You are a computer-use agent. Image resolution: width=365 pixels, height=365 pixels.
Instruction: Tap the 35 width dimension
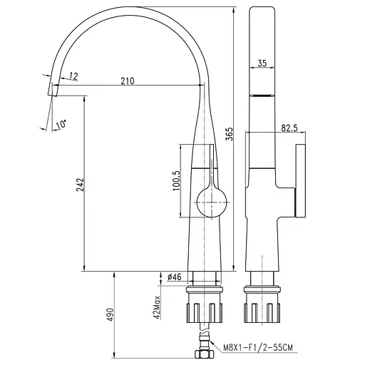[262, 64]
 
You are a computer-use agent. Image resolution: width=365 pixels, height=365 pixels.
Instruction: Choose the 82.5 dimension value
[289, 128]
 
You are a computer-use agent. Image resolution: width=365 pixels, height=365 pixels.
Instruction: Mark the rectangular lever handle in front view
[300, 181]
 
